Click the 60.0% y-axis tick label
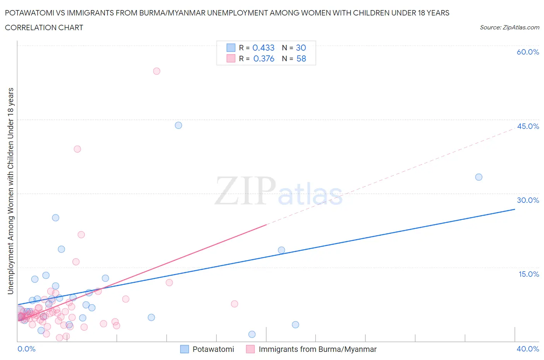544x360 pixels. click(x=528, y=52)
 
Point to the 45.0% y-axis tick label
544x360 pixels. click(x=528, y=126)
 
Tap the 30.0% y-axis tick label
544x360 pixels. click(x=528, y=200)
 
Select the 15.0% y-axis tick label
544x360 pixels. click(x=529, y=274)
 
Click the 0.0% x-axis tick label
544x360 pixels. click(x=26, y=349)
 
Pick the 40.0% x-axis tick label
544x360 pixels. click(x=528, y=349)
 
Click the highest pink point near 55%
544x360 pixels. click(x=157, y=71)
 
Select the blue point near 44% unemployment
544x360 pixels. click(x=178, y=125)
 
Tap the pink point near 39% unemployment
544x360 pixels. click(x=77, y=149)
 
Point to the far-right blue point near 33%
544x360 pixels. click(x=479, y=177)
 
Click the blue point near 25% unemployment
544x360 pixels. click(x=56, y=218)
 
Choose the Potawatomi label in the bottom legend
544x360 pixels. click(x=213, y=349)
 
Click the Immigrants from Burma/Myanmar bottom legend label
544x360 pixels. click(x=317, y=349)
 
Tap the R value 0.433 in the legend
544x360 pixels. click(x=263, y=48)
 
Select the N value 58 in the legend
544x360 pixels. click(x=301, y=58)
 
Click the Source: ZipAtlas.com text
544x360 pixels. click(x=509, y=27)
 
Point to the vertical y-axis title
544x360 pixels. click(x=10, y=191)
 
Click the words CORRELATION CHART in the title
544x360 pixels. click(x=44, y=27)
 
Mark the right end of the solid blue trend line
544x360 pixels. click(x=515, y=209)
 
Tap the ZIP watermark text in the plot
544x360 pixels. click(x=245, y=190)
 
